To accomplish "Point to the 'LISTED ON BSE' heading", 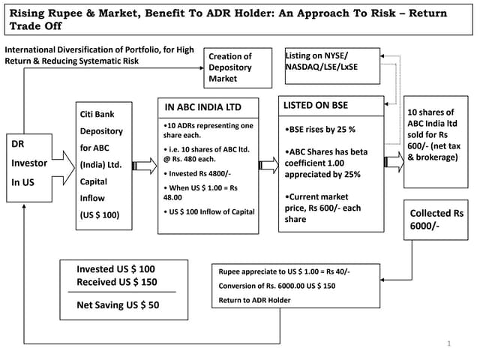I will coord(316,105).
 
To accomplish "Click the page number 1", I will coord(448,343).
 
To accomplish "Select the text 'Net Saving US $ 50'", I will coord(118,305).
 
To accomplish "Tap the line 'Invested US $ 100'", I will coord(115,268).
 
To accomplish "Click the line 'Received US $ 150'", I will coord(115,281).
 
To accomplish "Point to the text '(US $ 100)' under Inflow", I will coord(99,215).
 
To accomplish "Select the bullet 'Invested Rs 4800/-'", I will coord(196,173).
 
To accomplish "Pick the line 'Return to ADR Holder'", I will coord(255,300).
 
